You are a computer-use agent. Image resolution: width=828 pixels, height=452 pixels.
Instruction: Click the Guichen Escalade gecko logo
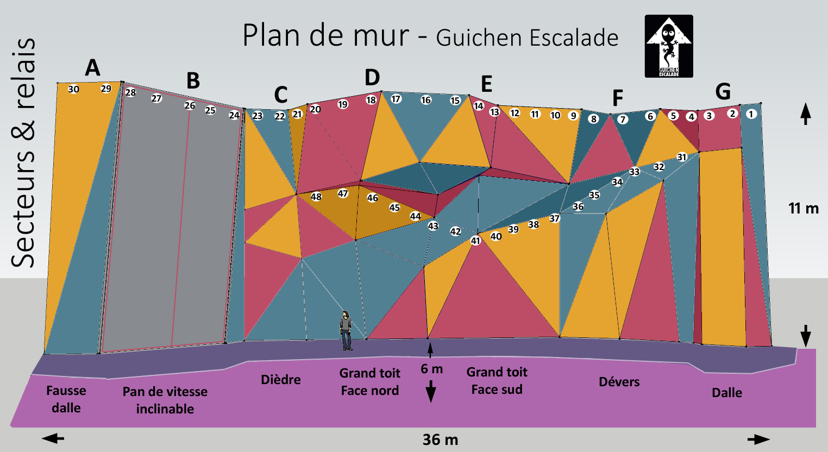pyautogui.click(x=668, y=46)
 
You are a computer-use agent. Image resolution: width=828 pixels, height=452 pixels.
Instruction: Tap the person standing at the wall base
pyautogui.click(x=346, y=330)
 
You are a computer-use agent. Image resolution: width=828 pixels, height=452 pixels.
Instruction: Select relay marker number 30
pyautogui.click(x=74, y=89)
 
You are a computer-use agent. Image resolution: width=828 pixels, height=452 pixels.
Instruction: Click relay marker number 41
pyautogui.click(x=475, y=241)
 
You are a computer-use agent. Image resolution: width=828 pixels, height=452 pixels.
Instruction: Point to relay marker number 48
pyautogui.click(x=316, y=197)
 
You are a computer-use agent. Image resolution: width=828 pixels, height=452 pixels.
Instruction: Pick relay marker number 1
pyautogui.click(x=751, y=114)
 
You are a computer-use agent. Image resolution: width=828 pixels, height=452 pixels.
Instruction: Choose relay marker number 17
pyautogui.click(x=396, y=99)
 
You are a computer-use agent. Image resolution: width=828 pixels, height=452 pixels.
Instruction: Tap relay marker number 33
pyautogui.click(x=635, y=172)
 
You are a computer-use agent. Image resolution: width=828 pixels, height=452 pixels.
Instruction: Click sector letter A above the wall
pyautogui.click(x=93, y=68)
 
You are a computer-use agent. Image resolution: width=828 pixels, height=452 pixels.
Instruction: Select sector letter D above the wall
pyautogui.click(x=372, y=78)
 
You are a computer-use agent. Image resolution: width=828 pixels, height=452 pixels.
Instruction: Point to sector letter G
pyautogui.click(x=723, y=91)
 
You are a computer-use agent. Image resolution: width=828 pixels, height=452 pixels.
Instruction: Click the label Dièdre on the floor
pyautogui.click(x=280, y=379)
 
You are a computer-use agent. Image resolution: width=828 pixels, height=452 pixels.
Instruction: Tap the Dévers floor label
pyautogui.click(x=619, y=381)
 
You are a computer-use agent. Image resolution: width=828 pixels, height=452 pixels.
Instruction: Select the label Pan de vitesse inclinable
pyautogui.click(x=165, y=400)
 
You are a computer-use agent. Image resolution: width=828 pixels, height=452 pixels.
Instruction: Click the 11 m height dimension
pyautogui.click(x=803, y=208)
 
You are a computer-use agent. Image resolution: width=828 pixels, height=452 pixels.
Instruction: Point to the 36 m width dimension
pyautogui.click(x=440, y=440)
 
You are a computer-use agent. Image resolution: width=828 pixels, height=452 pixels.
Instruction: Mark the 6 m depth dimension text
pyautogui.click(x=431, y=369)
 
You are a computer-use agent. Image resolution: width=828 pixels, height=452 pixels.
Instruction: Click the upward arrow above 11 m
pyautogui.click(x=805, y=114)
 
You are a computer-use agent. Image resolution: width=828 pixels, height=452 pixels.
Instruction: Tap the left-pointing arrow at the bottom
pyautogui.click(x=53, y=438)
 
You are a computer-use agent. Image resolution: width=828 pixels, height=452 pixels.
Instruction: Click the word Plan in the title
pyautogui.click(x=271, y=36)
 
